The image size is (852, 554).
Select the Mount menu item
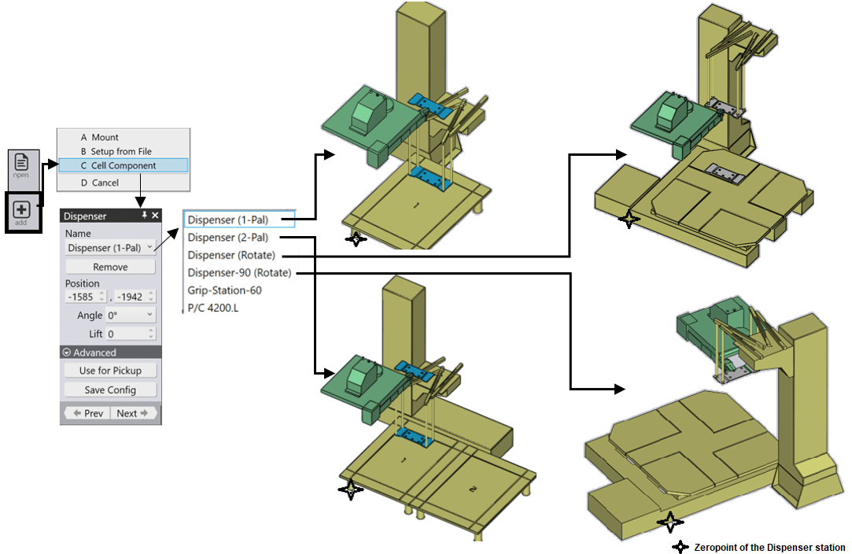(x=105, y=137)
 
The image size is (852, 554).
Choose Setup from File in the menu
(x=120, y=151)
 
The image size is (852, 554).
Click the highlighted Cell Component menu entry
(x=124, y=165)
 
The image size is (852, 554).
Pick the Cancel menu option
(x=105, y=183)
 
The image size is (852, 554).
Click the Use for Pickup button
(x=110, y=371)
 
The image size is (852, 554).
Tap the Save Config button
(x=110, y=390)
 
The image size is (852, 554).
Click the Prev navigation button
(x=88, y=413)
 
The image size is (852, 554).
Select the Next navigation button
(x=132, y=413)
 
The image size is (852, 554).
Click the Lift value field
(x=127, y=334)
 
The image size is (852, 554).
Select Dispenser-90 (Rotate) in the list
(x=239, y=272)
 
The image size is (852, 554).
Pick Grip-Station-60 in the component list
(x=224, y=290)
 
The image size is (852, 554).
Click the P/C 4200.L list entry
(x=212, y=307)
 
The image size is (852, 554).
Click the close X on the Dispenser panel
(x=155, y=216)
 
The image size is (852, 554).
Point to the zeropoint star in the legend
(x=680, y=547)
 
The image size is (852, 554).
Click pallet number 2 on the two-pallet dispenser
(x=473, y=489)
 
